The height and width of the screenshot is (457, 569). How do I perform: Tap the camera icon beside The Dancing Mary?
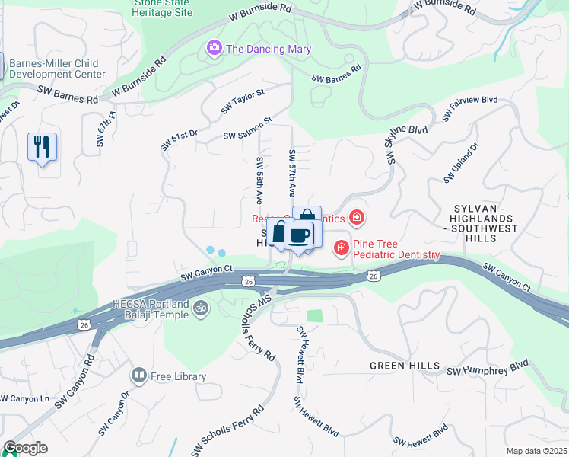(215, 49)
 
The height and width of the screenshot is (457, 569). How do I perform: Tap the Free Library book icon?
(139, 376)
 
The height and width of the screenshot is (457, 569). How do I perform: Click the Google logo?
(25, 448)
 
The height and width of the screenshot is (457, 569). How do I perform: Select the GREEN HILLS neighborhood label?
(404, 366)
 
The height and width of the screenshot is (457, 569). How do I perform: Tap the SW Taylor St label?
(243, 101)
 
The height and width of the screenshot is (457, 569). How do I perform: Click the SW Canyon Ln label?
(24, 398)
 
